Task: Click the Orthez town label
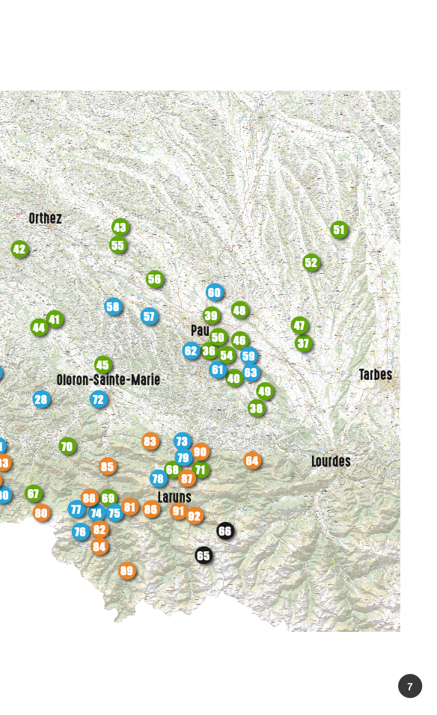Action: click(45, 218)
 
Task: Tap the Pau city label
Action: click(200, 330)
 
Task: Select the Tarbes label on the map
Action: click(375, 375)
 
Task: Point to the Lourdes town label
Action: click(331, 461)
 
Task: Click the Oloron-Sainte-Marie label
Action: click(109, 380)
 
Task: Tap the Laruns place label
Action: click(174, 497)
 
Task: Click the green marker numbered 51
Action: click(340, 230)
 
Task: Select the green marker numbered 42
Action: click(19, 249)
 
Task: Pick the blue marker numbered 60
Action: click(215, 292)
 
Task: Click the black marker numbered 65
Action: click(204, 555)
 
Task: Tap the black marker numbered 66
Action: click(225, 531)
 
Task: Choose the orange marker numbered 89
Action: click(127, 571)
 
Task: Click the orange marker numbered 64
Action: click(252, 460)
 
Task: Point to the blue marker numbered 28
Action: click(41, 399)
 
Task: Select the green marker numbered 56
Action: click(155, 279)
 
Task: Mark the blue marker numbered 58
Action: click(113, 306)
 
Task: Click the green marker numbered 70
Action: click(67, 447)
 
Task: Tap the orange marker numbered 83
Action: click(150, 441)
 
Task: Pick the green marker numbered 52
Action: click(311, 262)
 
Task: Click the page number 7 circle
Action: click(410, 686)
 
